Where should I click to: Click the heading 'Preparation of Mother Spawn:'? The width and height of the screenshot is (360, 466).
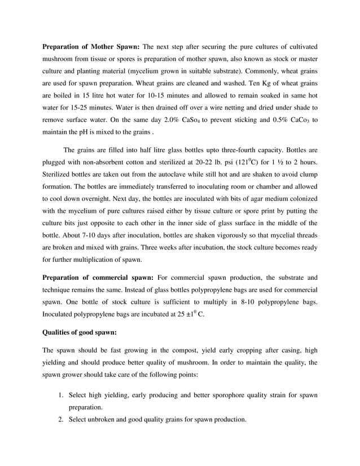pos(91,46)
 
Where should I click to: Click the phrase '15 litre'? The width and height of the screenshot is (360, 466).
pos(99,90)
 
